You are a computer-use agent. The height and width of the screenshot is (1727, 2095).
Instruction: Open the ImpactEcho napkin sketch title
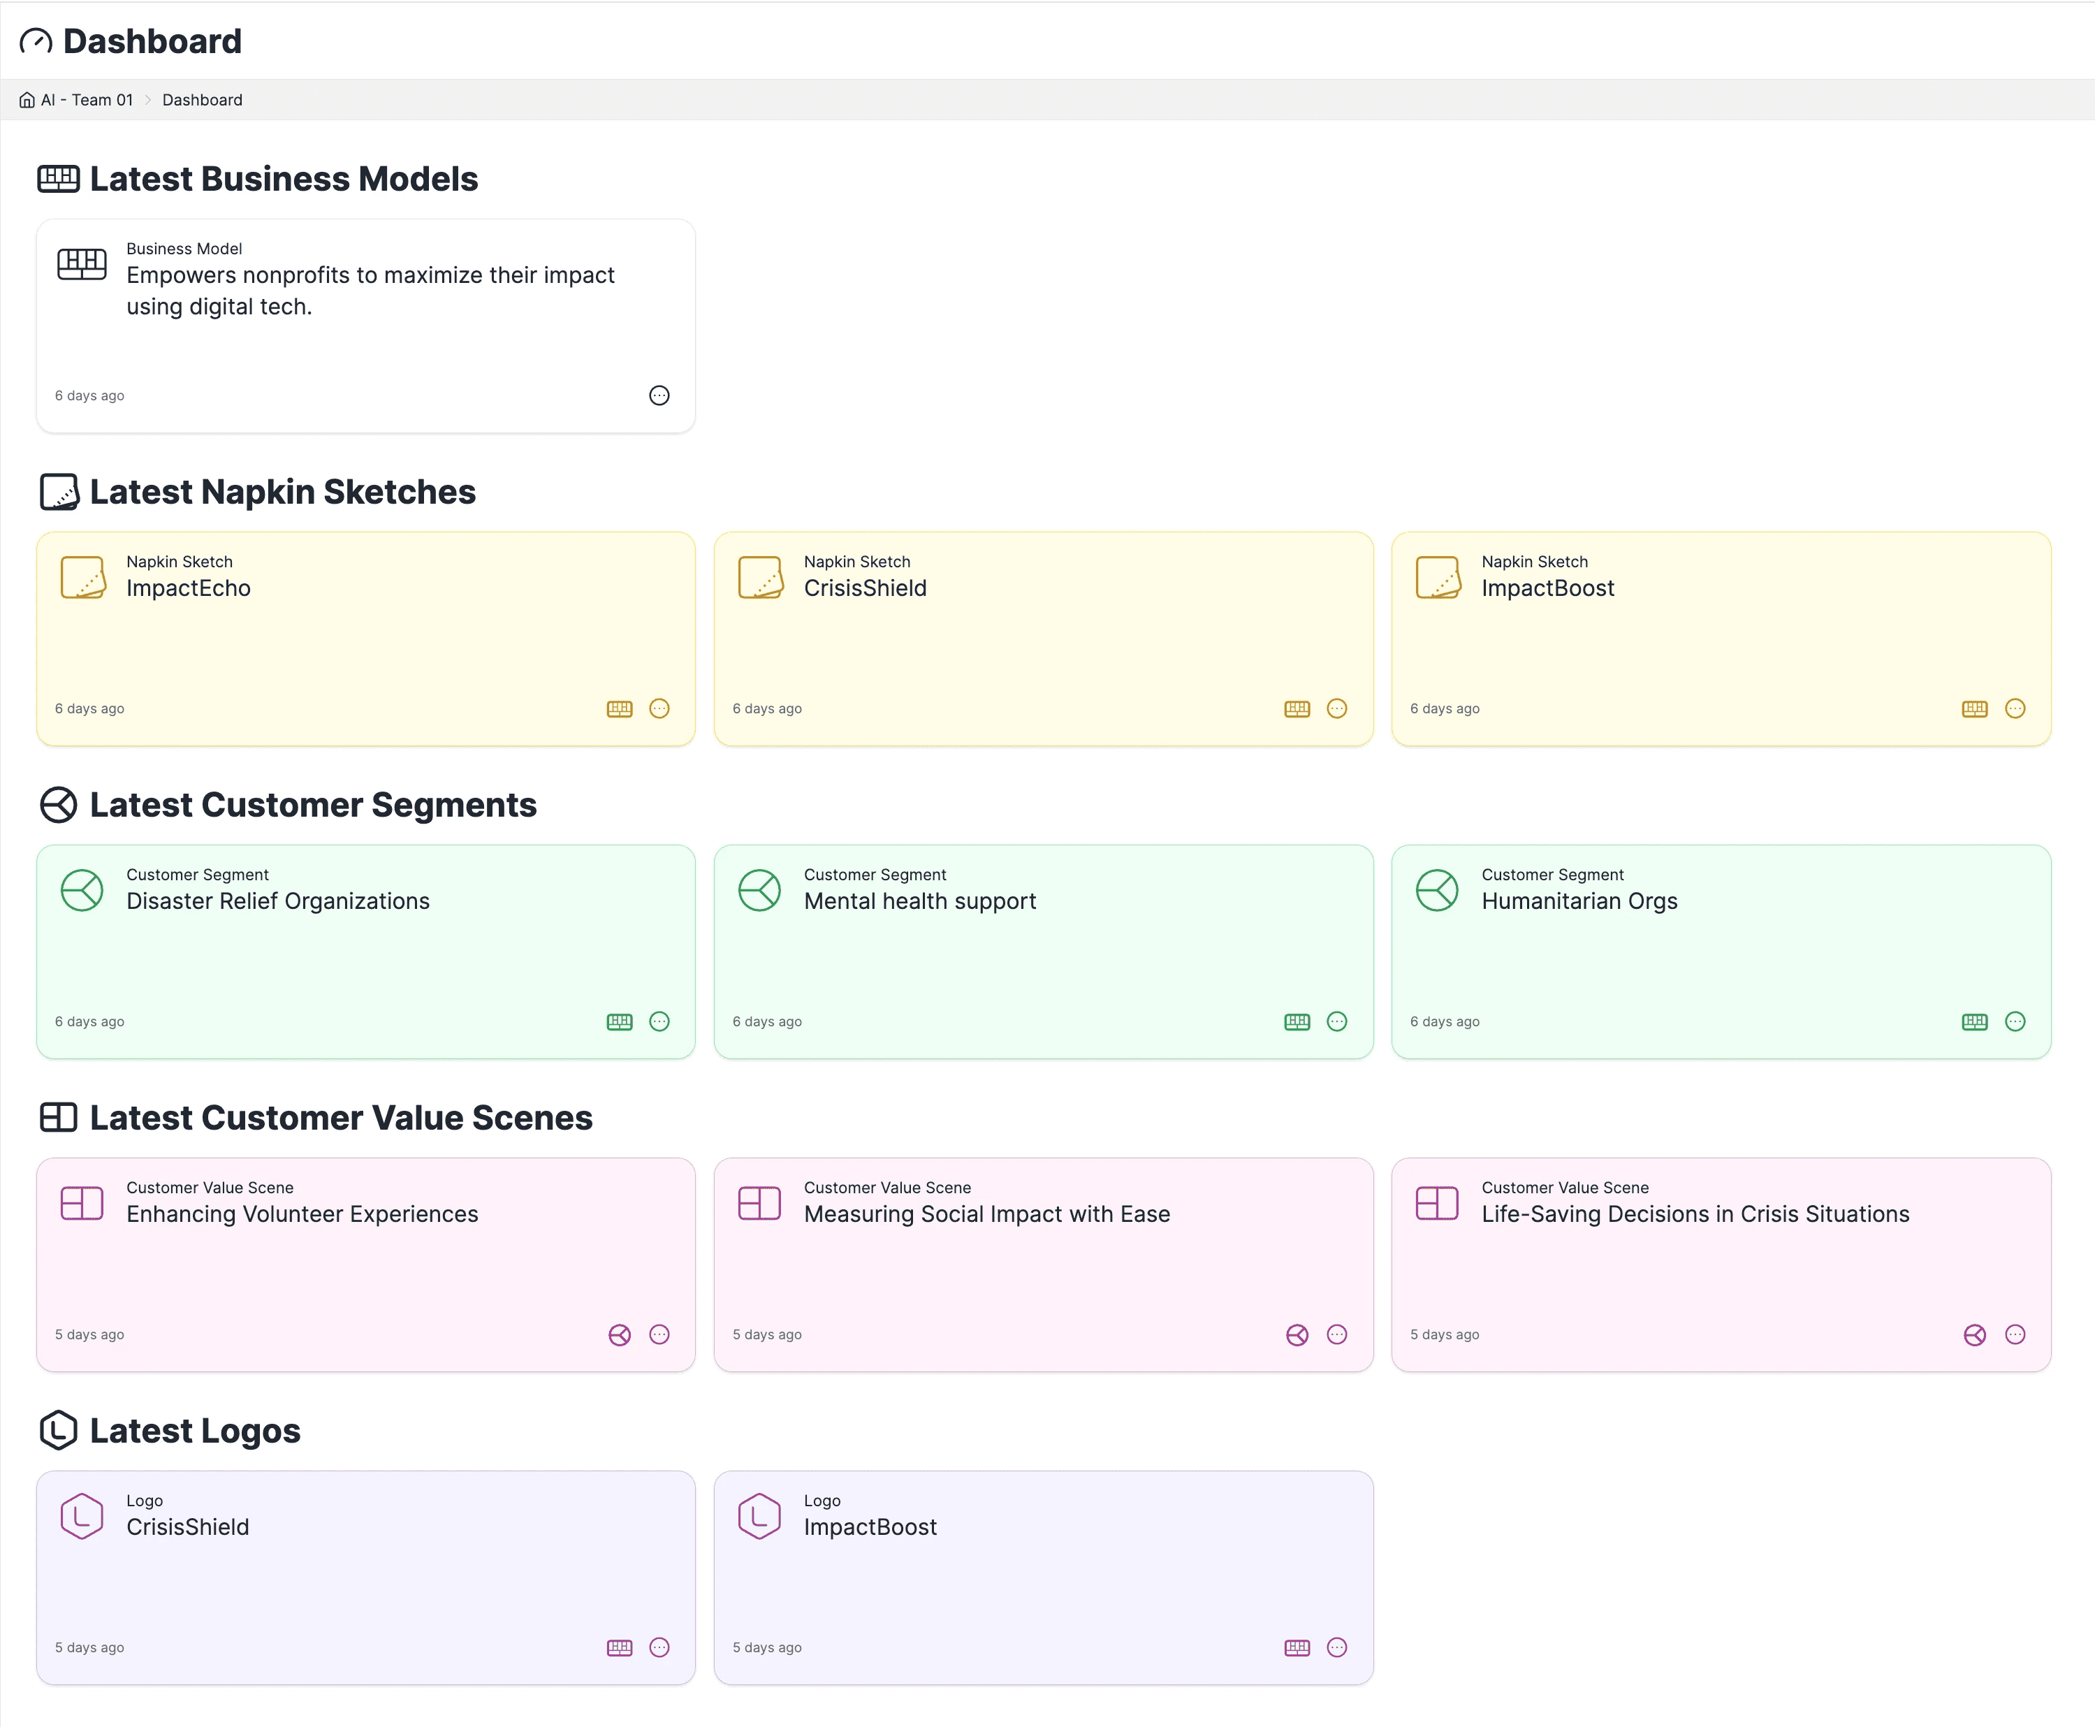pyautogui.click(x=188, y=588)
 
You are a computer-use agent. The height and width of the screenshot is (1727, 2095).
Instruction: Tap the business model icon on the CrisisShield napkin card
pyautogui.click(x=1297, y=708)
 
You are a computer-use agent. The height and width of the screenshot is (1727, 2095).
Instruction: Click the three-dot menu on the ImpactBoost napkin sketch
pyautogui.click(x=2015, y=708)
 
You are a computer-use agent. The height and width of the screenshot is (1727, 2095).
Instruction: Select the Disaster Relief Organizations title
pyautogui.click(x=277, y=901)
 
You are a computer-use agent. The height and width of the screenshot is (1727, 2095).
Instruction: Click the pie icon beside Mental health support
pyautogui.click(x=759, y=889)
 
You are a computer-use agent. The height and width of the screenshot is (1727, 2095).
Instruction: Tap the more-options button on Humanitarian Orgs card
pyautogui.click(x=2015, y=1021)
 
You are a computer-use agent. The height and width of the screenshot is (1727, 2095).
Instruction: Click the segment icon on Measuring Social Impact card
pyautogui.click(x=1297, y=1335)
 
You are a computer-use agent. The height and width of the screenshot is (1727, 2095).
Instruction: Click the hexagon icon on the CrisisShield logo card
pyautogui.click(x=82, y=1516)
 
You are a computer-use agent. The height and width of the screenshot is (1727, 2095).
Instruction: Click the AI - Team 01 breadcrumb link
pyautogui.click(x=87, y=99)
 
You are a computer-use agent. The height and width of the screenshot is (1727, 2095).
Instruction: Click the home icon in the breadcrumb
pyautogui.click(x=27, y=99)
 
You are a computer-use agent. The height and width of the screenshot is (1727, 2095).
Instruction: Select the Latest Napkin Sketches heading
pyautogui.click(x=282, y=491)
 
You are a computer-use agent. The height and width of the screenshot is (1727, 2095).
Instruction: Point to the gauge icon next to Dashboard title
pyautogui.click(x=36, y=42)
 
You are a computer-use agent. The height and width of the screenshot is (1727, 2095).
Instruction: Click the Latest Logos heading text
pyautogui.click(x=195, y=1431)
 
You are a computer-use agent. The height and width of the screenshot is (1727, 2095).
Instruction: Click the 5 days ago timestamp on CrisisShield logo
pyautogui.click(x=89, y=1647)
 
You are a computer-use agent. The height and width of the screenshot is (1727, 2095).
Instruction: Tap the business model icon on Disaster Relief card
pyautogui.click(x=619, y=1021)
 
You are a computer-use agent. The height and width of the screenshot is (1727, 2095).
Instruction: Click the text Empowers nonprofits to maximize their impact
pyautogui.click(x=370, y=275)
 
